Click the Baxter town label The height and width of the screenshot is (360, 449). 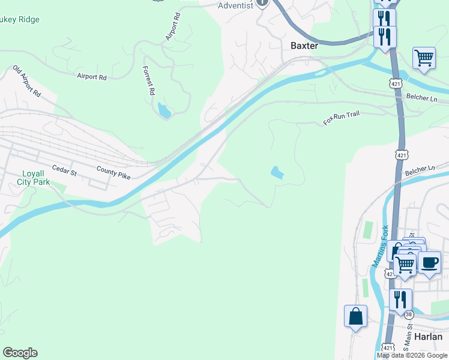(x=304, y=46)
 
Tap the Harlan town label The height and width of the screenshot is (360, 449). (x=428, y=337)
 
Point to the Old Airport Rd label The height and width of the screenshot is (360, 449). (x=26, y=82)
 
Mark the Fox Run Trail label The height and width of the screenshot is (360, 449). (x=341, y=118)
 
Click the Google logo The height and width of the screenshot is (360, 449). (x=20, y=353)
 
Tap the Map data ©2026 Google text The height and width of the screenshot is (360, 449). (x=412, y=355)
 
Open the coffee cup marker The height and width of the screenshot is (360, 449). (x=429, y=263)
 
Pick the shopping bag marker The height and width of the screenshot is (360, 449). (x=355, y=316)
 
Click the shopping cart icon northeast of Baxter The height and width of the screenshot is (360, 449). (x=424, y=58)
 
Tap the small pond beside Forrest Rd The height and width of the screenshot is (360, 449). (x=163, y=110)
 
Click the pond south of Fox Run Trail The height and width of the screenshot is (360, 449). (x=277, y=173)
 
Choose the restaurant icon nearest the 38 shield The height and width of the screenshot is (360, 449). (x=400, y=299)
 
